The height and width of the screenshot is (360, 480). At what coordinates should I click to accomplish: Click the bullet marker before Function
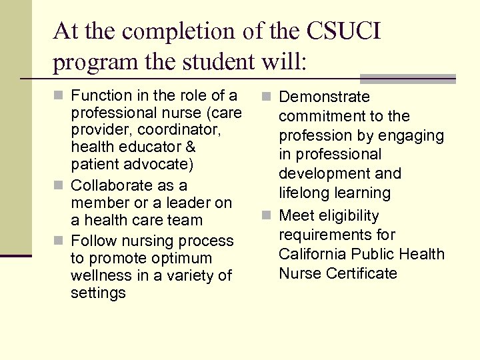pyautogui.click(x=59, y=97)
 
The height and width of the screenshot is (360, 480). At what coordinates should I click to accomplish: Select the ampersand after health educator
pyautogui.click(x=190, y=146)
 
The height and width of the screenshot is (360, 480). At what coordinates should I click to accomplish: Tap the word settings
pyautogui.click(x=98, y=293)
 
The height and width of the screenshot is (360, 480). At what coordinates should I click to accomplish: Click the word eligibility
pyautogui.click(x=347, y=215)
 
